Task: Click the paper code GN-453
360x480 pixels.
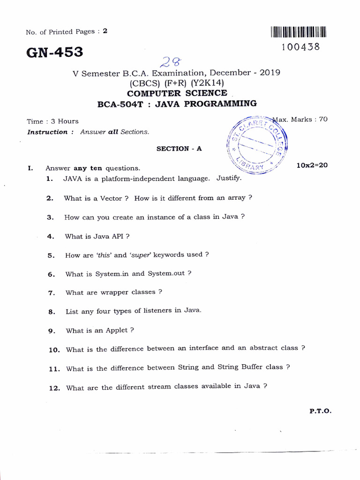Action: click(55, 52)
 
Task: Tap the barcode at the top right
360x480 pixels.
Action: click(298, 32)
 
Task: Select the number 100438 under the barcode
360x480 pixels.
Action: click(301, 47)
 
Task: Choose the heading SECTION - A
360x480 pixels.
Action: click(179, 149)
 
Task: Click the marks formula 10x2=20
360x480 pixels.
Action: click(312, 165)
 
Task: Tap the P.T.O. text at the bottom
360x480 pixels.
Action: click(320, 411)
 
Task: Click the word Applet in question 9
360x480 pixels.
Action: click(116, 330)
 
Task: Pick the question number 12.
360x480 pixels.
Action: click(55, 388)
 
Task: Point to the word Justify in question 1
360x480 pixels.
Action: click(229, 178)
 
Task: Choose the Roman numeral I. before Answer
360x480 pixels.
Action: click(30, 168)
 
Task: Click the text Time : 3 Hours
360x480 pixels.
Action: click(52, 121)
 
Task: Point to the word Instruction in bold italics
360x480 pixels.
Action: click(48, 132)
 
